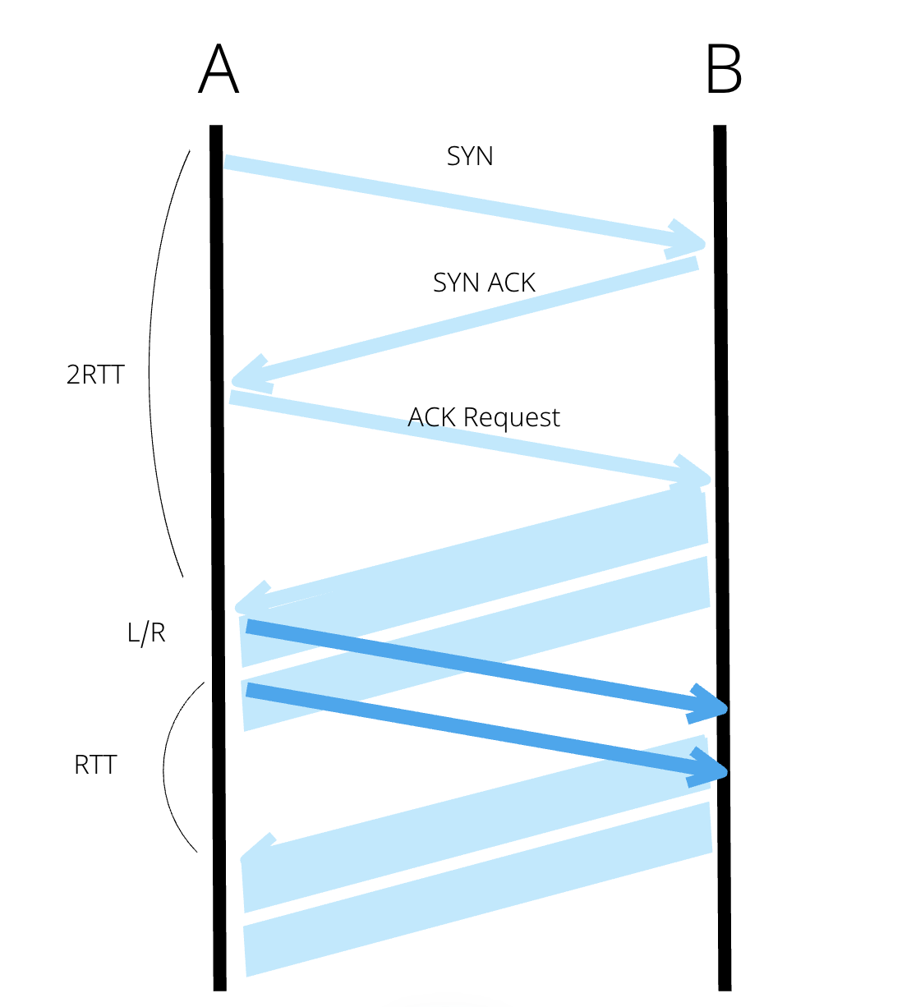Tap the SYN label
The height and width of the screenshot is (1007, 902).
470,156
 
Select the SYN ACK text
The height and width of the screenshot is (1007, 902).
484,283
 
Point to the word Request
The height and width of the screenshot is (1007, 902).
511,417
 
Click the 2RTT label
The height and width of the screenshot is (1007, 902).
95,375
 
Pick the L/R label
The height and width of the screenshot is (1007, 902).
146,633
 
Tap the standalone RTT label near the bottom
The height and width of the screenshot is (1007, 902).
95,766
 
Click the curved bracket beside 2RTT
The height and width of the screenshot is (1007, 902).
156,361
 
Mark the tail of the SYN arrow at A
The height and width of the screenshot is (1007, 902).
231,163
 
